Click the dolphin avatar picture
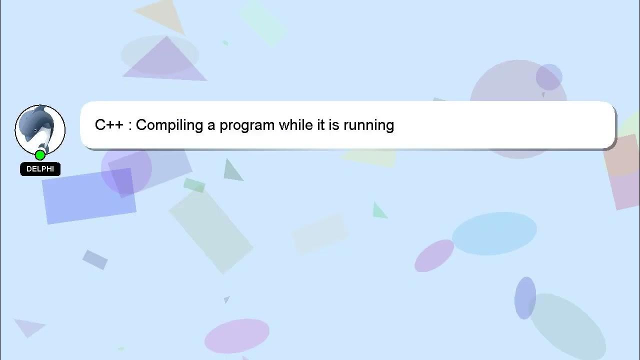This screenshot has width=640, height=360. coord(40,129)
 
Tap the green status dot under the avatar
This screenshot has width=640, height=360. coord(40,155)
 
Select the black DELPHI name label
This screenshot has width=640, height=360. coord(40,169)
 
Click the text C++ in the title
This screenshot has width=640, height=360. coord(109,125)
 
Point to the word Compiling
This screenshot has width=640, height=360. coord(169,125)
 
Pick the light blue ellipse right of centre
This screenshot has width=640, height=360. coord(494,233)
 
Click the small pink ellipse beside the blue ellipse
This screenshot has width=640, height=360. coord(434,255)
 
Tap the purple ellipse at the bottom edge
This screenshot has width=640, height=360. coord(236,335)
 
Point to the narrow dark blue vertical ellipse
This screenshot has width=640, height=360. coord(525,298)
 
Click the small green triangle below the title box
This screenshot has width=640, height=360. coord(379,211)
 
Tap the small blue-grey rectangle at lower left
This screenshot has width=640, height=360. coord(95,259)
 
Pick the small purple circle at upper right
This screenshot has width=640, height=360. coord(549,77)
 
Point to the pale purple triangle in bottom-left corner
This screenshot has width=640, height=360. coord(29,327)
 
